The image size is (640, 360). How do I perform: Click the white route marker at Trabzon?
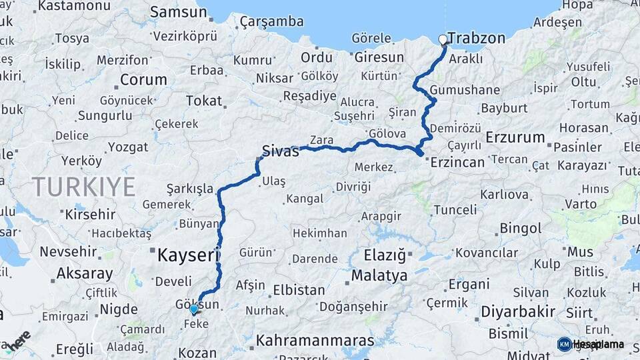pos(443,39)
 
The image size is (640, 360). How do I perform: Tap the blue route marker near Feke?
pos(194,309)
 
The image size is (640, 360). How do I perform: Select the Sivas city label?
pos(280,151)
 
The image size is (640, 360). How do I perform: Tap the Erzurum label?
pos(515,137)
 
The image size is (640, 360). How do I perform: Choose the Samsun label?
pos(179,12)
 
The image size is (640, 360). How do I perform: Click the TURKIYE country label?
pos(83,186)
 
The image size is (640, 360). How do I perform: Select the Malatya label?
pos(379,275)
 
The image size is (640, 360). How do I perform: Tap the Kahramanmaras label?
pos(315,341)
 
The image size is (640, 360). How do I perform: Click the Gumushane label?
pos(455,90)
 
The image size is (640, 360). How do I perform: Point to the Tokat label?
pos(203,101)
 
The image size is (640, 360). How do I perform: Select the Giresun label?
pos(379,57)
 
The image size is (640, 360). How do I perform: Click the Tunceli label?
pos(455,210)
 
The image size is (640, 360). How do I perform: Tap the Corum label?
pos(143,80)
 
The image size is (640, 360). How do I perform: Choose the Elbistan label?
pos(299,291)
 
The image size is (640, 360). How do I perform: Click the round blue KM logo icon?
pos(564,344)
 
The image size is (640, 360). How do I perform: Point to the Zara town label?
pos(321,141)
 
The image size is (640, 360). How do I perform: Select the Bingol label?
pos(521,229)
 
